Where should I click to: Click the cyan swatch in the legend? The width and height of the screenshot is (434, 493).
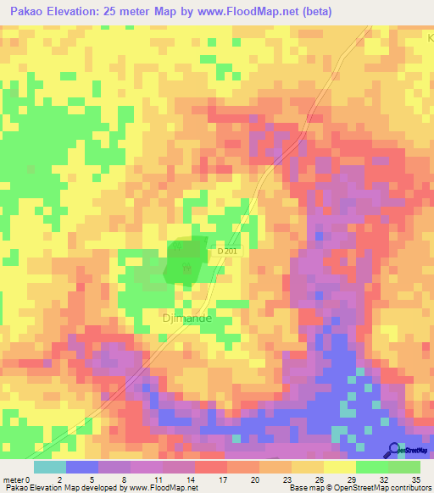(x=49, y=467)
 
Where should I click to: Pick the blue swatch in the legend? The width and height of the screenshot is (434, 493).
(x=81, y=467)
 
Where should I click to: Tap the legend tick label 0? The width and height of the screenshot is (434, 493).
(x=29, y=479)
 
